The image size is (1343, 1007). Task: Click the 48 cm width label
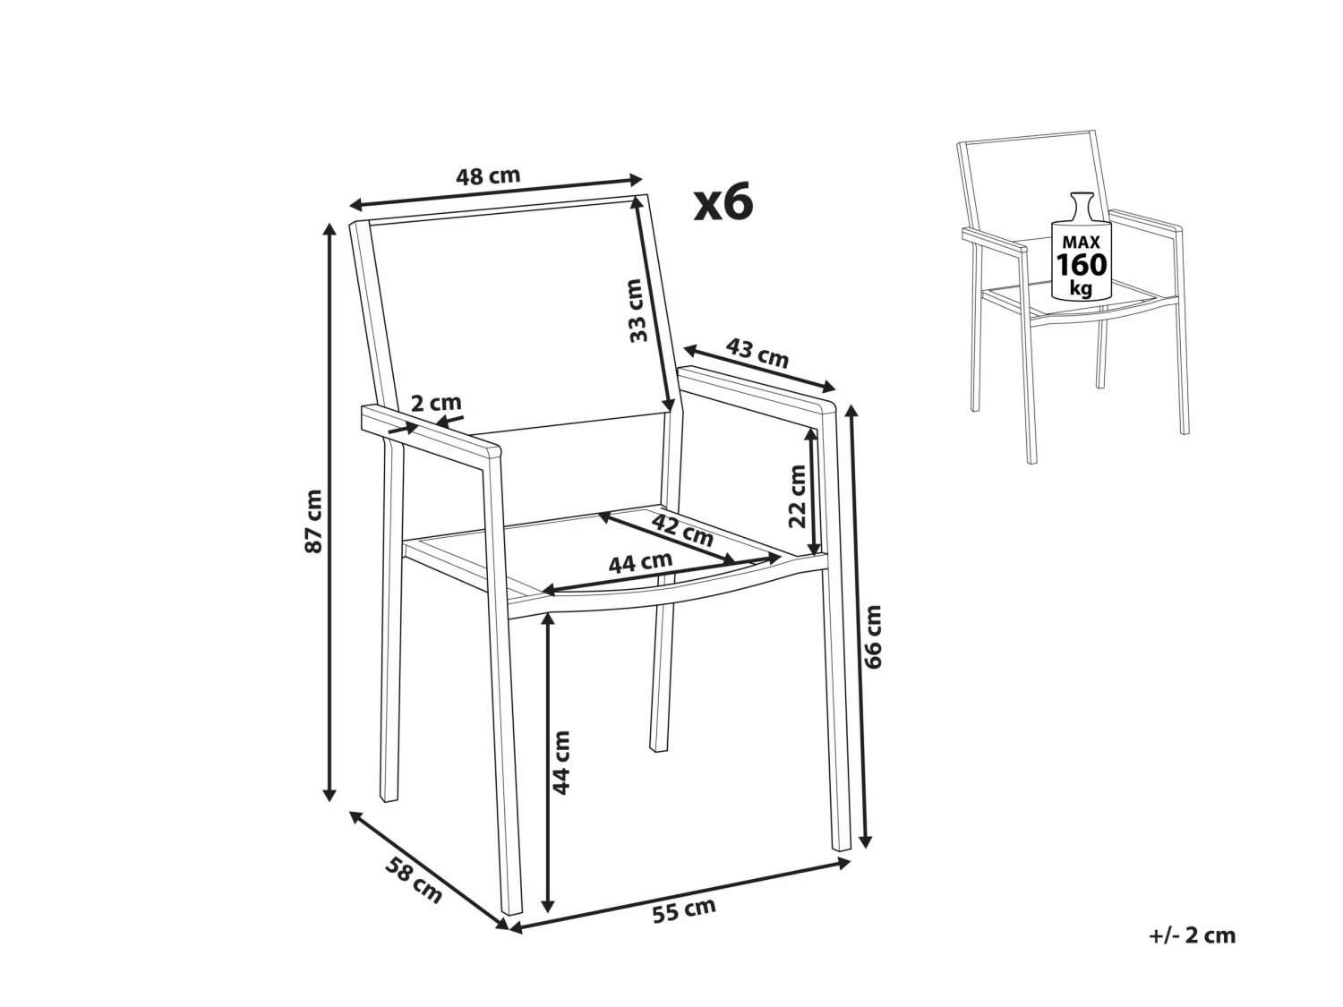coord(488,176)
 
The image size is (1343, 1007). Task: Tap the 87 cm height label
coord(313,521)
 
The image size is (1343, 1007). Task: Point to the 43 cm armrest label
coord(757,353)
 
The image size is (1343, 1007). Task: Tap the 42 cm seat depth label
coord(682,530)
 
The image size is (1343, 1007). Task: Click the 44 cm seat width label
coord(640,562)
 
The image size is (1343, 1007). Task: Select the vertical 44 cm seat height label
coord(561,763)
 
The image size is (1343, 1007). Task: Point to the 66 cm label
coord(873,636)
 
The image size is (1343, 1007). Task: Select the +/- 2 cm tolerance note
coord(1192,935)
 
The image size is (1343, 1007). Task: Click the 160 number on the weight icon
coord(1082,266)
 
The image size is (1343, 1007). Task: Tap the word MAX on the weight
coord(1082,242)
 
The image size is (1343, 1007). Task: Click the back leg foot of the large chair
coord(659,743)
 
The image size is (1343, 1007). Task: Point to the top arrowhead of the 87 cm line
coord(330,228)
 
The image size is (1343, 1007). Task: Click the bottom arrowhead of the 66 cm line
coord(865,841)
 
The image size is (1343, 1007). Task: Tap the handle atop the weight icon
coord(1082,201)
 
